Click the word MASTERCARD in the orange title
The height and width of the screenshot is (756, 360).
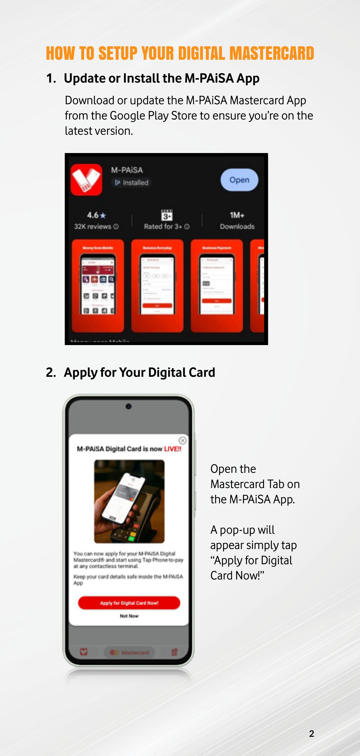coord(272,54)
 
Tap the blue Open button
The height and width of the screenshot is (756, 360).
coord(239,180)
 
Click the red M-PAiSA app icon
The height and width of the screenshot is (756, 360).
coord(86,180)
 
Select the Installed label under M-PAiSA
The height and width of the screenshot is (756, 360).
coord(132,183)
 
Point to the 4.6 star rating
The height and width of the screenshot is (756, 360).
coord(96,215)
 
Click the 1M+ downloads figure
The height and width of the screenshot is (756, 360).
coord(237,215)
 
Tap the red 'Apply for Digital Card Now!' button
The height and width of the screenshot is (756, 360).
coord(129,603)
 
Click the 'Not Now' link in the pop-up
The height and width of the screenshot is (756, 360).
coord(129,616)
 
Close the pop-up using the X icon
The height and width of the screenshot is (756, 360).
coord(182,440)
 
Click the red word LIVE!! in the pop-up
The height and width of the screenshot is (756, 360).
coord(173,449)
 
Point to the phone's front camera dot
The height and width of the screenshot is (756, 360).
coord(129,406)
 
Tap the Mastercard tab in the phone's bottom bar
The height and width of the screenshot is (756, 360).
coord(130,652)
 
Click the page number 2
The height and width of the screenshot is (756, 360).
coord(312,733)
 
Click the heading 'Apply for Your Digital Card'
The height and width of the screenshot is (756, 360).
coord(139,373)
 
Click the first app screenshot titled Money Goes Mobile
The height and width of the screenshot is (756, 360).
coord(98,285)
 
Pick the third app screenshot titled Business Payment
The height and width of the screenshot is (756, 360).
coord(217,285)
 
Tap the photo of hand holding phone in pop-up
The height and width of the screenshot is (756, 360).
coord(129,501)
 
